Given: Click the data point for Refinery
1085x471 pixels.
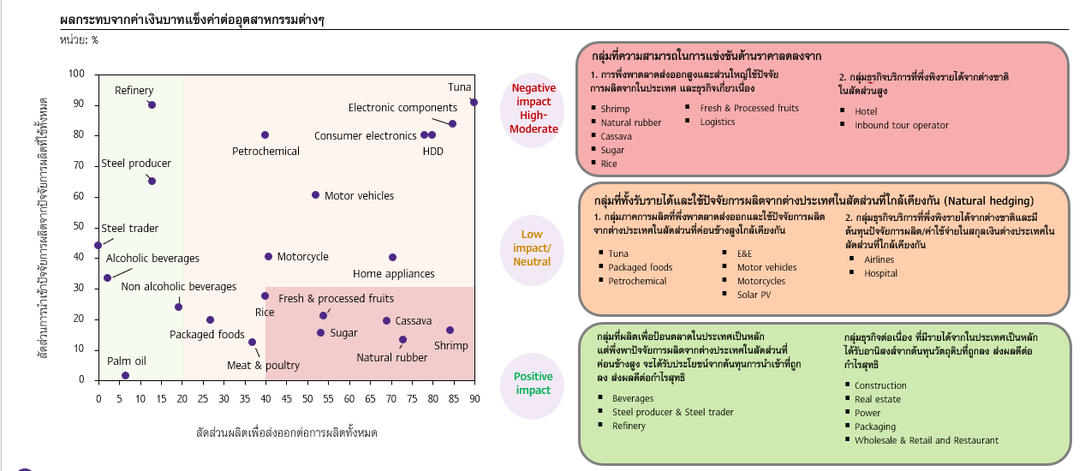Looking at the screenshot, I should point(152,104).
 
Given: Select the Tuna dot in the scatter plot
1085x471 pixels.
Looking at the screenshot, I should point(474,102).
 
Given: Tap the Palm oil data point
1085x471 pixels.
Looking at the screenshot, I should point(125,375).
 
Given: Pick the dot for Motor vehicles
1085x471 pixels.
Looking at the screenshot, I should point(315,195).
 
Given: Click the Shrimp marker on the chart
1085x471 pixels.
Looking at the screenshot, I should point(450,331).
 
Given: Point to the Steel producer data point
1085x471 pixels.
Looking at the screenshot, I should point(152,181).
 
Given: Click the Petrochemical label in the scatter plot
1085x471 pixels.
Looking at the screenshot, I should point(265,152).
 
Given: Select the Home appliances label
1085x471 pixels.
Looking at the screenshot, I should point(394,274).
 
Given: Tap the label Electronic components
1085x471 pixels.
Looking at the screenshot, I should point(402,108).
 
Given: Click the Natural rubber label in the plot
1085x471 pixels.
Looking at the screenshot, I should point(391,358).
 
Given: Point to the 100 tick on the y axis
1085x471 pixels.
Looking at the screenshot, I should point(77,75).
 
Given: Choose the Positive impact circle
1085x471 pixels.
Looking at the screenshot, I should point(533,384).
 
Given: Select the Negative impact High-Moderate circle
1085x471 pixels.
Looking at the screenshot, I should point(534,109).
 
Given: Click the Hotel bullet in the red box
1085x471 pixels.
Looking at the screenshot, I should point(866,111).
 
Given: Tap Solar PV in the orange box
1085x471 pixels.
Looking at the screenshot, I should point(754,295).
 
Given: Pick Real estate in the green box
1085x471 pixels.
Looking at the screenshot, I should point(878,399).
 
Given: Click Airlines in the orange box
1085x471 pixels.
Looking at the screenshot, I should point(879,259).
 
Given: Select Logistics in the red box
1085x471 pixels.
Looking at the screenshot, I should point(718,122).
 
